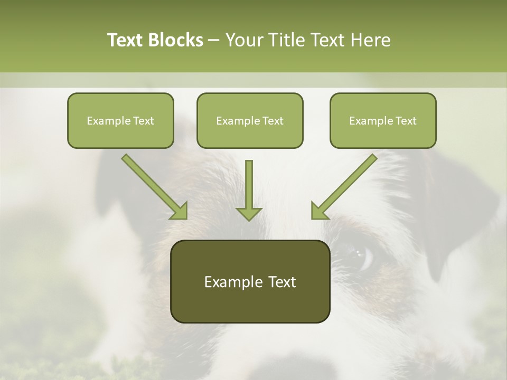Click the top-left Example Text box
click(120, 120)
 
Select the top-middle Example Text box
click(250, 120)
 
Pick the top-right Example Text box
click(383, 120)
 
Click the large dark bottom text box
click(250, 281)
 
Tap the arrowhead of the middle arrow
click(249, 213)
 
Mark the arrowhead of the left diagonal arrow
click(180, 212)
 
